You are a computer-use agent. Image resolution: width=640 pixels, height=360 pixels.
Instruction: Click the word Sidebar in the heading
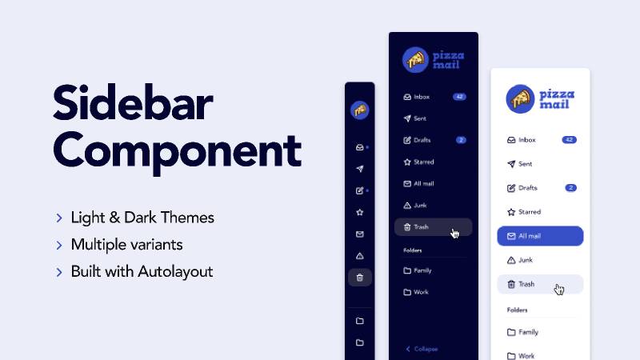[x=133, y=106]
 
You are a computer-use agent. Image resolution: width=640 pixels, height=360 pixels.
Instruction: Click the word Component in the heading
[x=177, y=150]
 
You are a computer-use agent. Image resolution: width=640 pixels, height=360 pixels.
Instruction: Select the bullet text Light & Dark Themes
[x=142, y=218]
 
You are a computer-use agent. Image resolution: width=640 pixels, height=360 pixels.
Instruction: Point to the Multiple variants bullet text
[x=126, y=245]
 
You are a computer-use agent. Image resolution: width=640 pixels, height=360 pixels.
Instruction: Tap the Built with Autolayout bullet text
[x=142, y=272]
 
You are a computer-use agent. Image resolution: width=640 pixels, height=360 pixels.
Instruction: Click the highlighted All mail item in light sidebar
[x=540, y=236]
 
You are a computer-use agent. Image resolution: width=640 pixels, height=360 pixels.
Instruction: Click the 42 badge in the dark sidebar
[x=459, y=97]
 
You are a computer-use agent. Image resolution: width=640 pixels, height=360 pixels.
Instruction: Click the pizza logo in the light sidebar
[x=521, y=98]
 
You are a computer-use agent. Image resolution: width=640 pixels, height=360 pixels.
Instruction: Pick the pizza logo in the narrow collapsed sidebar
[x=359, y=110]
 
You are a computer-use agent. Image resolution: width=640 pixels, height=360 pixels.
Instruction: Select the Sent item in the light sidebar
[x=525, y=164]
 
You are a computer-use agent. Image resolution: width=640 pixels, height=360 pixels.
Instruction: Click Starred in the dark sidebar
[x=423, y=162]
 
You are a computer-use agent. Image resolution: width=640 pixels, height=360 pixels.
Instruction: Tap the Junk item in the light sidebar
[x=526, y=260]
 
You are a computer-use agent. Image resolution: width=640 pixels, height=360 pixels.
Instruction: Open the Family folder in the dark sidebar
[x=422, y=270]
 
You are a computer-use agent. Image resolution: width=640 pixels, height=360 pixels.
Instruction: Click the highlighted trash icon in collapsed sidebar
[x=359, y=278]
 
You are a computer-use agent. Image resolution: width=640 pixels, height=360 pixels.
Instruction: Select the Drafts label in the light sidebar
[x=527, y=188]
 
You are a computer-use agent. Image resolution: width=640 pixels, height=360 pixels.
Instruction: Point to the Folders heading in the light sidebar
[x=518, y=310]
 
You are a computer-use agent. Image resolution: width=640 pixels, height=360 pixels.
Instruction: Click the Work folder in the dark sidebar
[x=421, y=292]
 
